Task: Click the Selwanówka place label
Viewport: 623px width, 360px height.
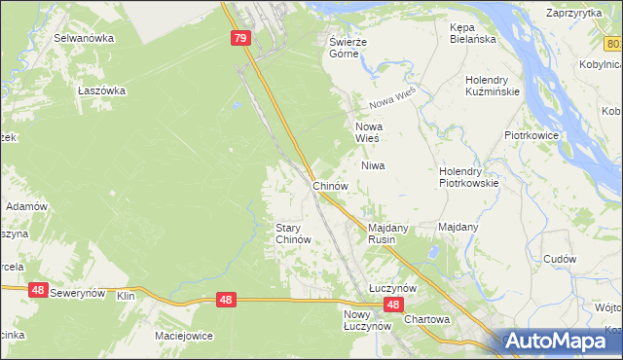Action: pos(84,38)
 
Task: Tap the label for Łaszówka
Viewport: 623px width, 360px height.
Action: pos(102,90)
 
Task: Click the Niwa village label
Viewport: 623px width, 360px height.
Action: pos(374,165)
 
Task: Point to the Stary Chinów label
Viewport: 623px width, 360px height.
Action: pos(293,233)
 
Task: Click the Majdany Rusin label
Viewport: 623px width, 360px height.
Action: pos(387,233)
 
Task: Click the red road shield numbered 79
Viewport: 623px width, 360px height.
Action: pos(241,38)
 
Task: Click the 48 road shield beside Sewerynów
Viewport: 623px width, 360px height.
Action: pos(38,289)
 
